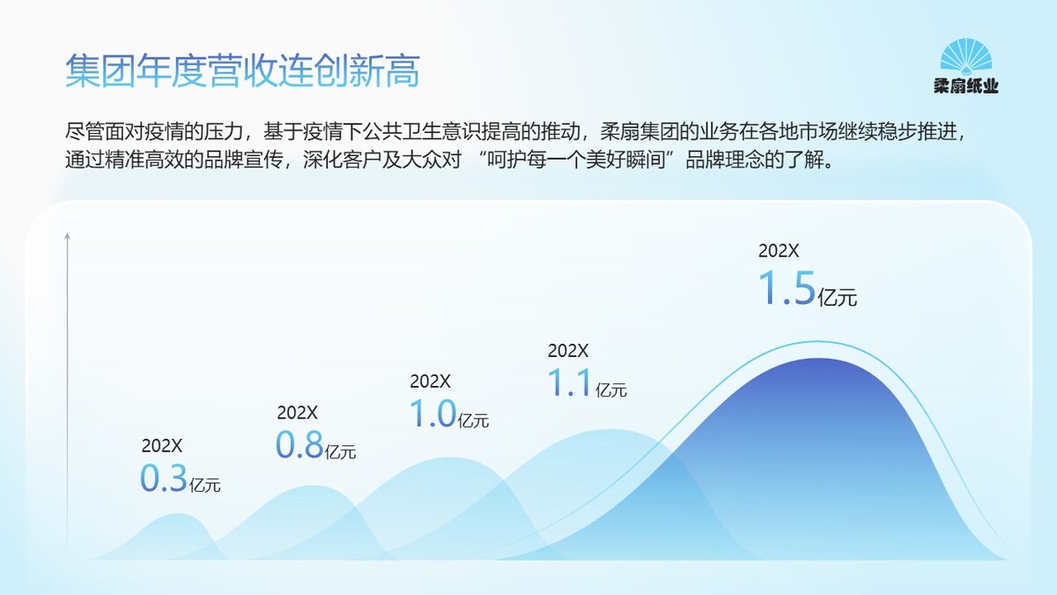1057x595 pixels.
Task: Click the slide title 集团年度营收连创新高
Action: click(x=242, y=71)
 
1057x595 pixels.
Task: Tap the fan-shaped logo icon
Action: click(x=966, y=56)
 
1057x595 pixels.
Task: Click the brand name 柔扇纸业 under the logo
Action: click(x=966, y=86)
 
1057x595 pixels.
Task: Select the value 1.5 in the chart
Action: click(x=787, y=286)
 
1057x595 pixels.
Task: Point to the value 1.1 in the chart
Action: click(x=569, y=382)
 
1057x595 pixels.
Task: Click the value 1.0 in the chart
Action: click(x=432, y=413)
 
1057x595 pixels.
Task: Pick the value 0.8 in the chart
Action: click(x=299, y=444)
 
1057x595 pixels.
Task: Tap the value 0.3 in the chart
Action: click(x=164, y=478)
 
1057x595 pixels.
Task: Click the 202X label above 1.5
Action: click(x=779, y=250)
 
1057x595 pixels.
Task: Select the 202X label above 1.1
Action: click(x=568, y=351)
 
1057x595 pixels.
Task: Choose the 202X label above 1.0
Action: click(x=430, y=382)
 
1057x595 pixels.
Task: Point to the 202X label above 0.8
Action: click(x=298, y=413)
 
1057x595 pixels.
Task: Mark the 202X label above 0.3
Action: click(x=162, y=446)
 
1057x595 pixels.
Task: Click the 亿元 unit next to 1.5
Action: click(x=837, y=298)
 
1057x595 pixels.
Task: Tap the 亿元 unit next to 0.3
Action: click(x=204, y=485)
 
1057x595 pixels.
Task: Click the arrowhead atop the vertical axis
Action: click(x=68, y=235)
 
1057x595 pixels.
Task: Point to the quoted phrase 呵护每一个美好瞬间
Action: click(x=576, y=160)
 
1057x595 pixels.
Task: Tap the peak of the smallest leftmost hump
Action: click(x=177, y=514)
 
